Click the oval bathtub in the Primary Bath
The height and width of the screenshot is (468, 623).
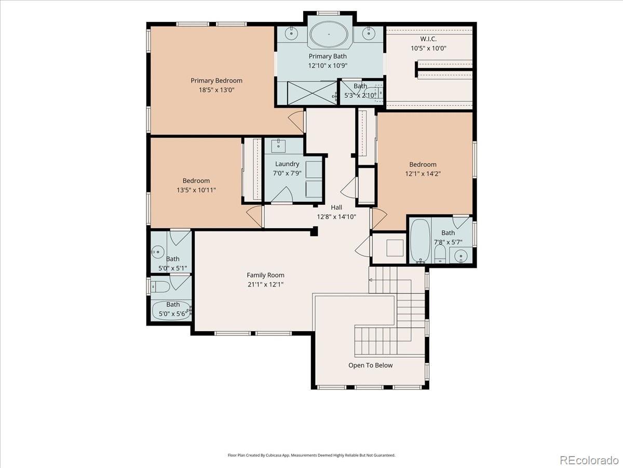(x=329, y=34)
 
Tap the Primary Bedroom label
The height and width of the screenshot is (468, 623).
(x=216, y=81)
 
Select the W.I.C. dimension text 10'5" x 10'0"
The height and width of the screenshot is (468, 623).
(x=429, y=48)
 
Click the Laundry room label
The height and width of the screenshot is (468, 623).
(x=287, y=164)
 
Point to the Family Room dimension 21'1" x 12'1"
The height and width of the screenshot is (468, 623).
(x=265, y=284)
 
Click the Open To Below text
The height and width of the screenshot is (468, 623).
(x=370, y=366)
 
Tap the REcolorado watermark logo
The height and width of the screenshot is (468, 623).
(x=589, y=460)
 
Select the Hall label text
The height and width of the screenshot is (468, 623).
(x=336, y=207)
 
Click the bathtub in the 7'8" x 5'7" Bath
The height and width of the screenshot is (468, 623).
(x=420, y=240)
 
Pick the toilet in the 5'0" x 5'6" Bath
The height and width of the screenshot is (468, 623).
(x=160, y=287)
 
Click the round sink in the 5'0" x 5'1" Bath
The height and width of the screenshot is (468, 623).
(x=157, y=252)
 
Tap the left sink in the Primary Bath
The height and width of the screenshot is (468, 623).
(x=291, y=33)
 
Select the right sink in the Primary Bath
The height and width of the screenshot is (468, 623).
(x=369, y=33)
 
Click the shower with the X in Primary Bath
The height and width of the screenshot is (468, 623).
(x=312, y=93)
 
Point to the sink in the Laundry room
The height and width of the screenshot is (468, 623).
(x=278, y=146)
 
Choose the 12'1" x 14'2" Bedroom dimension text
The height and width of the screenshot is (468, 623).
(x=423, y=174)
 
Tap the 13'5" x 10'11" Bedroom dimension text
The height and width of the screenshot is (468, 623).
(x=196, y=190)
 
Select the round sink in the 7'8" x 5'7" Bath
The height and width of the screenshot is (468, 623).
(x=461, y=256)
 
